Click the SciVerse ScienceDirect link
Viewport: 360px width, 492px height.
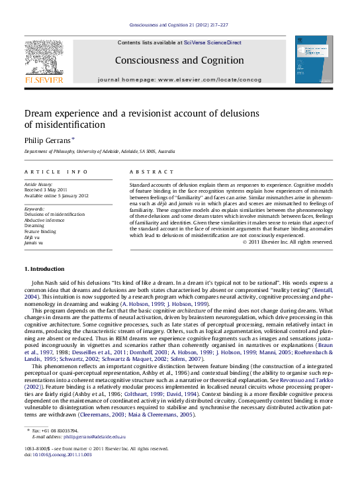click(x=213, y=42)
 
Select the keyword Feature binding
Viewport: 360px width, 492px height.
click(x=40, y=231)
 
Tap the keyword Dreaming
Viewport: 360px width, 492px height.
click(x=34, y=225)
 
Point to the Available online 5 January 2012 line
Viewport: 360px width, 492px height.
click(x=56, y=196)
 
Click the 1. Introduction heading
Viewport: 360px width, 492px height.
click(x=46, y=268)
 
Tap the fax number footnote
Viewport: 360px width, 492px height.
click(x=54, y=431)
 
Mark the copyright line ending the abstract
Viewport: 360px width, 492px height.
click(x=287, y=242)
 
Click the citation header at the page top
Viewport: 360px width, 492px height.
click(x=179, y=25)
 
